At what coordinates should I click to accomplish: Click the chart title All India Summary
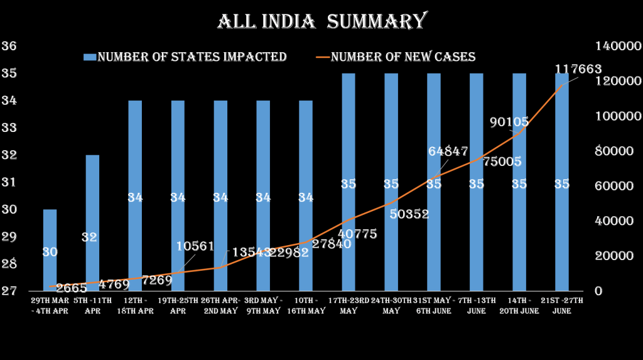tap(321, 21)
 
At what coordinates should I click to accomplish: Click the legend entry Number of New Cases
tap(403, 57)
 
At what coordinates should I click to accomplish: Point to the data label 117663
tap(578, 69)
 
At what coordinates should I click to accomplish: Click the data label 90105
tap(509, 122)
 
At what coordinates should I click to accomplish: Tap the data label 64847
tap(448, 151)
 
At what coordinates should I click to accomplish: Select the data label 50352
tap(409, 214)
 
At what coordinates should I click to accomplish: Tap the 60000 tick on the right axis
tap(610, 187)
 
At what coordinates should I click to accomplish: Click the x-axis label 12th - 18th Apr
tap(136, 305)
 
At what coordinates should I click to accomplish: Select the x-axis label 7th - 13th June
tap(477, 305)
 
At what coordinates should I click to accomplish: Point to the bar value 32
tap(89, 237)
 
